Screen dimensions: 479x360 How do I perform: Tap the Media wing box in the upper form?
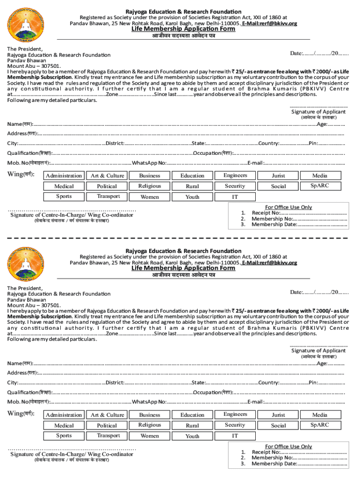320,175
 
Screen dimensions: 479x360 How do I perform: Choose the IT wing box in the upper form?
235,197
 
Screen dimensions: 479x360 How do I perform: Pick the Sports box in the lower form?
64,435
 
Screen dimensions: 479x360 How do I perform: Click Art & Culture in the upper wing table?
108,175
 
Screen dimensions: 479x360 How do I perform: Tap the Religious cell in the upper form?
150,186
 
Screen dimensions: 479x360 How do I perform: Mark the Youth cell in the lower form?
192,436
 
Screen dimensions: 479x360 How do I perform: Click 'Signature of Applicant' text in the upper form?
318,112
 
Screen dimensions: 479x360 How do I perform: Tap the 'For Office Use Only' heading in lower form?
288,446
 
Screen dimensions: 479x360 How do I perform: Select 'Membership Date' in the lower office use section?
274,464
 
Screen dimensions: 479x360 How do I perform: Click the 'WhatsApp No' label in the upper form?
149,163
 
